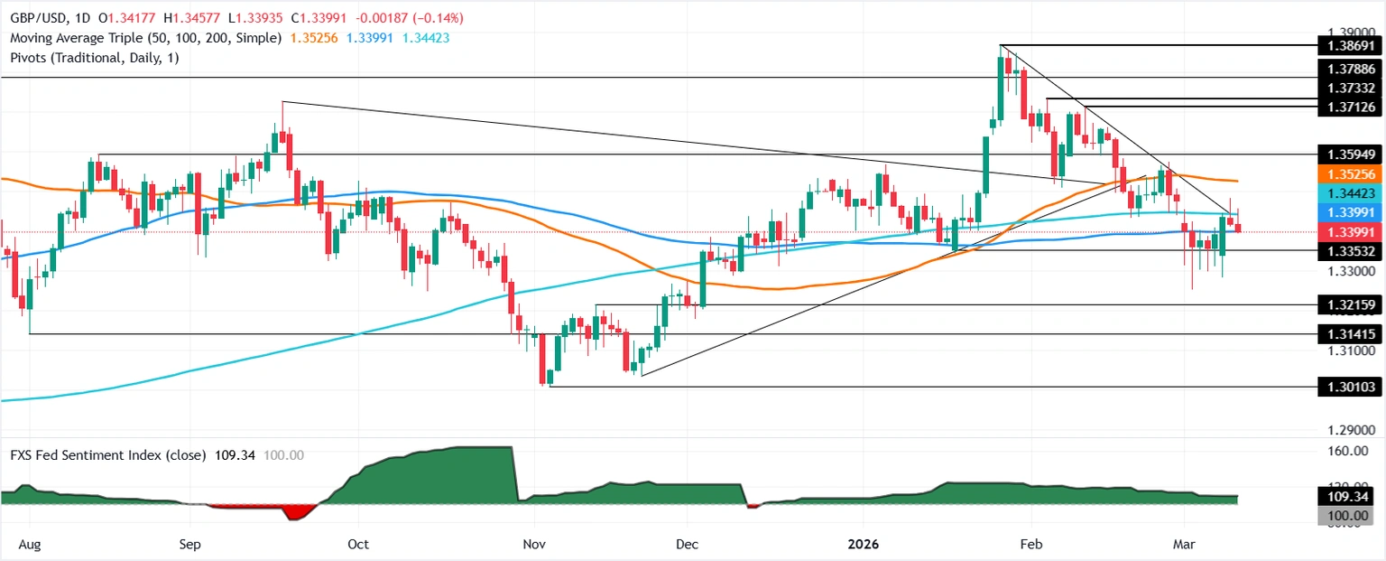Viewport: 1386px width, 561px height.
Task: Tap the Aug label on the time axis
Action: tap(29, 545)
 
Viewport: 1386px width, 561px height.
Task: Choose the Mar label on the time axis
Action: tap(1183, 545)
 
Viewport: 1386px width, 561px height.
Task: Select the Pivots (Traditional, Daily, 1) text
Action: tap(91, 57)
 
